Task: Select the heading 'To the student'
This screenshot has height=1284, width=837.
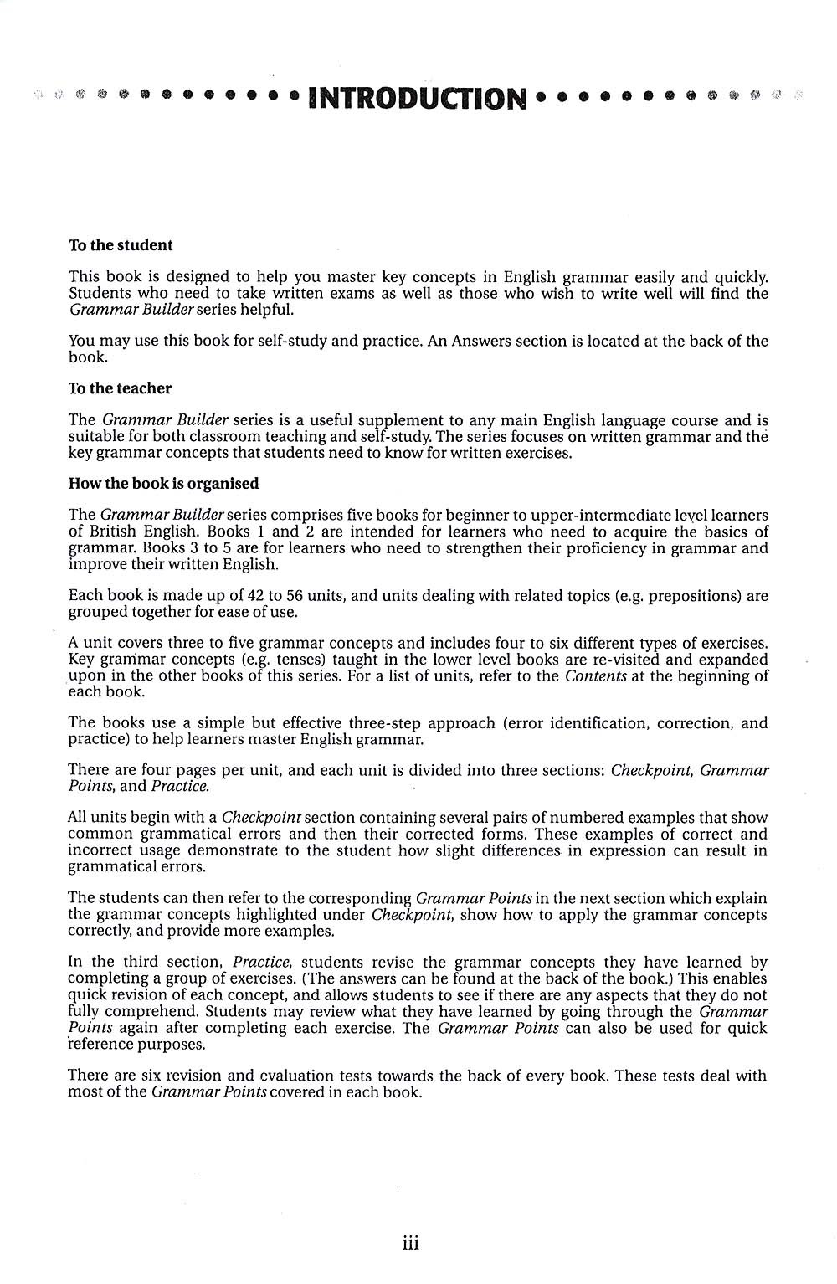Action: (x=121, y=245)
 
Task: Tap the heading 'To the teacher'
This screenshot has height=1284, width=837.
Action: (x=120, y=388)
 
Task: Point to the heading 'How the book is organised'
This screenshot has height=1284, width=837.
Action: (x=163, y=484)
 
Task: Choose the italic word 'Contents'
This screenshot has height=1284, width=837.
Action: (x=596, y=675)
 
